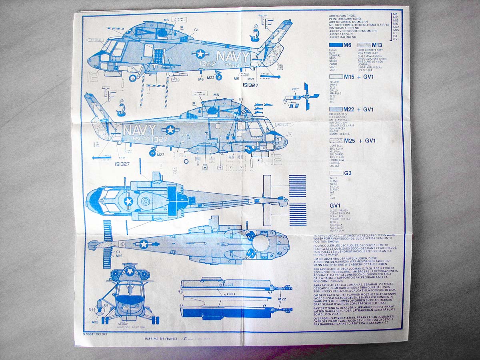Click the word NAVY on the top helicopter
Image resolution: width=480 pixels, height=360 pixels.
tap(232, 56)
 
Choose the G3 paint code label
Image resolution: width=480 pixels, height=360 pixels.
tap(348, 173)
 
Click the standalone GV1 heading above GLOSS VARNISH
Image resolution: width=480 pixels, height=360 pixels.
tap(335, 206)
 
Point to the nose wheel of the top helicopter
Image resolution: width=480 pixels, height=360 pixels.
tap(132, 78)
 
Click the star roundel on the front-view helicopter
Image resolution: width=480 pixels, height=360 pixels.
tap(130, 271)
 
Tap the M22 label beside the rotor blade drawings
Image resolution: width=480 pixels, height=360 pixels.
tap(282, 298)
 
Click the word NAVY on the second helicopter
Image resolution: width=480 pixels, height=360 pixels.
tap(139, 130)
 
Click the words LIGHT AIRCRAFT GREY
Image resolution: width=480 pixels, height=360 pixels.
tap(370, 50)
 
